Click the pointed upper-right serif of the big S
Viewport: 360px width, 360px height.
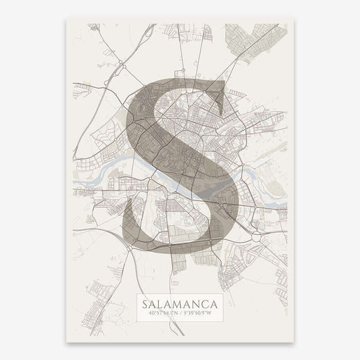click(222, 83)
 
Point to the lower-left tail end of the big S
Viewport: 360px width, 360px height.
click(126, 207)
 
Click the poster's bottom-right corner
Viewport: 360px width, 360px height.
click(294, 342)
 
